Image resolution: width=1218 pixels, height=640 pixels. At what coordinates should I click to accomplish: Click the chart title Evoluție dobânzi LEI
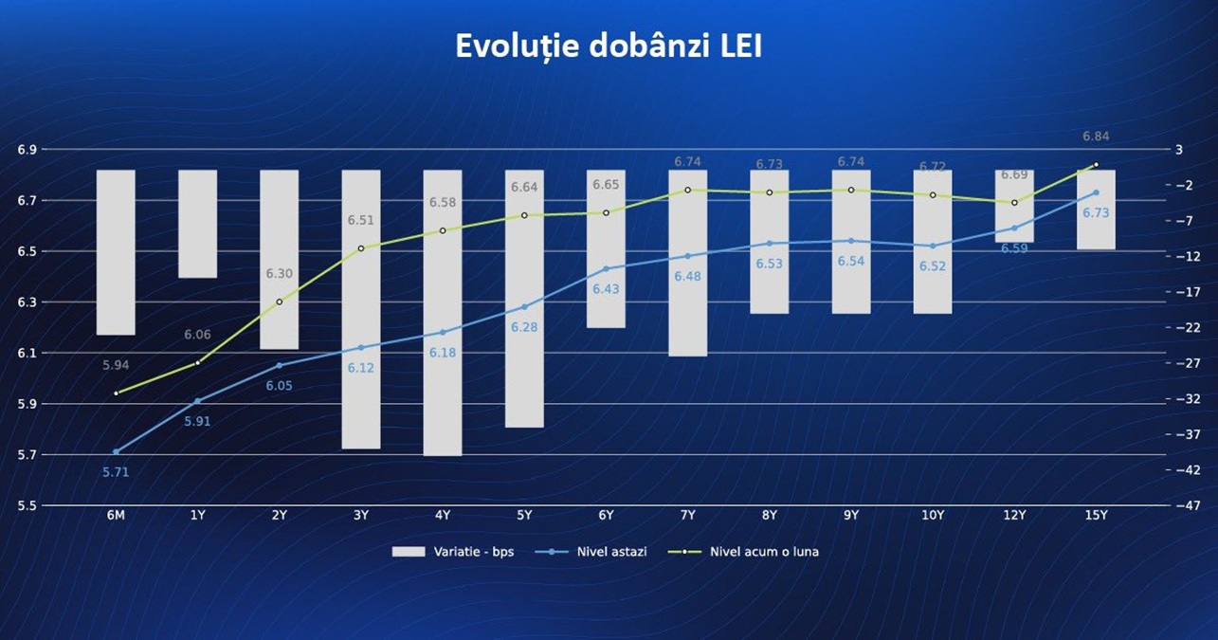[x=609, y=46]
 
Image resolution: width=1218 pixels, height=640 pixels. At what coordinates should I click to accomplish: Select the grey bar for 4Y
[x=443, y=313]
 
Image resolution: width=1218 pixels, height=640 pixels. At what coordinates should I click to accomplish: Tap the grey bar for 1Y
[x=197, y=224]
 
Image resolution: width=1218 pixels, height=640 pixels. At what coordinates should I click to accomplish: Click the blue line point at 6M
[x=116, y=451]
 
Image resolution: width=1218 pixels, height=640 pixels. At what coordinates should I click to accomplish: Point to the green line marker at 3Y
[x=361, y=248]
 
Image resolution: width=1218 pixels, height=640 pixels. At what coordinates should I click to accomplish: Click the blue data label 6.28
[x=524, y=327]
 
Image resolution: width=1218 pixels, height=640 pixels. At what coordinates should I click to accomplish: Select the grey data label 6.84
[x=1096, y=137]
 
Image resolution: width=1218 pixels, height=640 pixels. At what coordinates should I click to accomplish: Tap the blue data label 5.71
[x=116, y=471]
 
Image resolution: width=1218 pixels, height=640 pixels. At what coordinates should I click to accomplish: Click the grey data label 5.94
[x=116, y=365]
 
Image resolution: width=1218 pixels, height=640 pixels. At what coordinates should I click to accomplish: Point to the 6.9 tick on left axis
[x=27, y=150]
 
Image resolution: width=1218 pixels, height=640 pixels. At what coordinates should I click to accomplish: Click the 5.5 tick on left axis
[x=27, y=505]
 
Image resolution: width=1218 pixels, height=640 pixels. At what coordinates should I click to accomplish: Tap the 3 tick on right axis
[x=1178, y=150]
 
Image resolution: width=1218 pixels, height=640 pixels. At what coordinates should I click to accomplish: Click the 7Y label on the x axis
[x=687, y=515]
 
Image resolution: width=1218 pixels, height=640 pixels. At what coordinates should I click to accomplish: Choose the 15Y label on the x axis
[x=1096, y=515]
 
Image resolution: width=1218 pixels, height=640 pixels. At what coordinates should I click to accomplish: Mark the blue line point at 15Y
[x=1096, y=192]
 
